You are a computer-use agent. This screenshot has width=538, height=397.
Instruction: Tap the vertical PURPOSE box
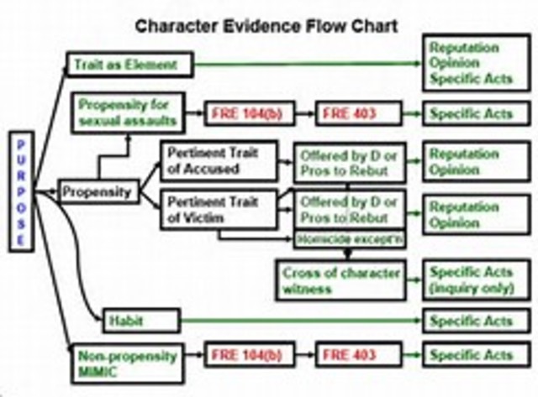point(23,190)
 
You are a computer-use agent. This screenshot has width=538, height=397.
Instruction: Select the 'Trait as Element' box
point(129,65)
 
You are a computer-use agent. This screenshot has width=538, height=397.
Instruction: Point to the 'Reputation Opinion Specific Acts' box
point(473,63)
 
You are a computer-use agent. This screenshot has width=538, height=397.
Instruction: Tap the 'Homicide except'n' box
point(348,239)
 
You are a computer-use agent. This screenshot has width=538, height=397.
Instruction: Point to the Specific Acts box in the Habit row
point(473,321)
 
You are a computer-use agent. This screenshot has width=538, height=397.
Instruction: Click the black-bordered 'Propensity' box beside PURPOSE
point(97,192)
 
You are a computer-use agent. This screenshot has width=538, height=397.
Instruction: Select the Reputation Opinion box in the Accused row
point(473,161)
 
